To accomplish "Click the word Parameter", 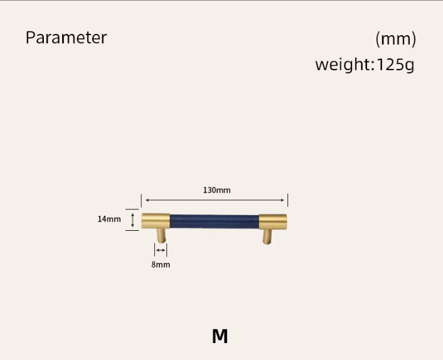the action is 66,37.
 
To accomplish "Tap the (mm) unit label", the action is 395,39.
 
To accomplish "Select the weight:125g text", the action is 365,65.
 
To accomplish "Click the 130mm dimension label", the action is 216,190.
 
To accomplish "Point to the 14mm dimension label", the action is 109,219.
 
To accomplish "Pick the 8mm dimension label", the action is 161,265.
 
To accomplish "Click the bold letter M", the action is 220,336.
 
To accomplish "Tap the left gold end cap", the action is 156,221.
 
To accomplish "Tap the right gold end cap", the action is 273,221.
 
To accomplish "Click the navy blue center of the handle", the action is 215,221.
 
